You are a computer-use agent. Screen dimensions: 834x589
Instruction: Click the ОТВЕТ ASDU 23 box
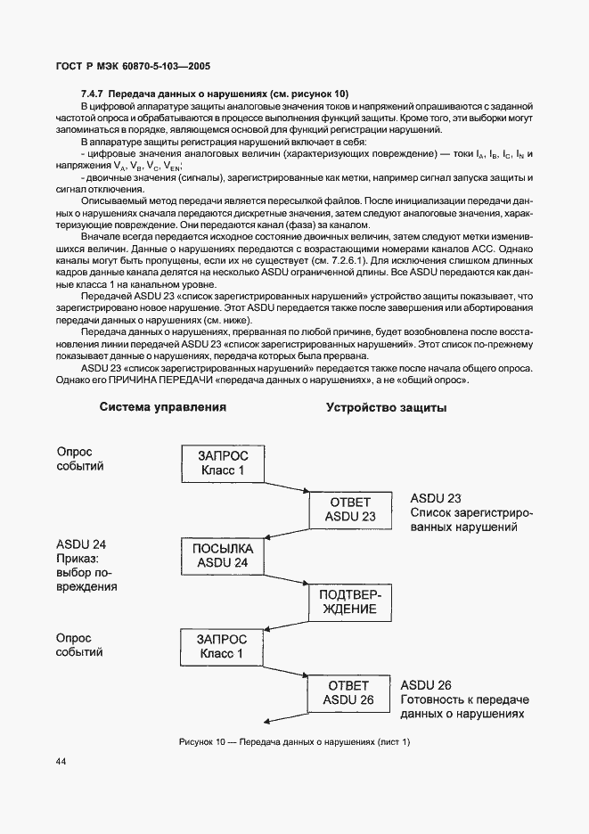pos(349,508)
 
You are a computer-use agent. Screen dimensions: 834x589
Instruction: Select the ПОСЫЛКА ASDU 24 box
pos(222,555)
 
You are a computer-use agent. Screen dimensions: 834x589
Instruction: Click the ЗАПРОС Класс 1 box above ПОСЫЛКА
pos(221,462)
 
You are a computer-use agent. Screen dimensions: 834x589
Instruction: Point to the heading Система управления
pos(162,407)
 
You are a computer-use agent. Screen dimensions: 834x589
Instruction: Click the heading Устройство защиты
pos(387,407)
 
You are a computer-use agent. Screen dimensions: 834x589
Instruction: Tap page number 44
pos(61,761)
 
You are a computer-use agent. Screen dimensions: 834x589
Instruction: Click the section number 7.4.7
pos(94,94)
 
